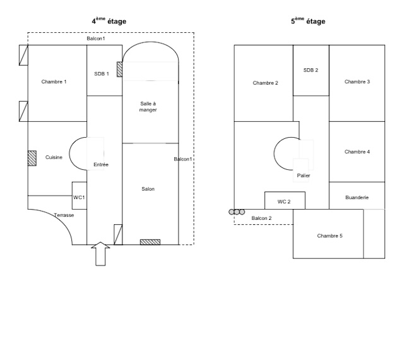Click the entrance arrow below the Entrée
click(100, 254)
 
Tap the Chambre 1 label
click(54, 81)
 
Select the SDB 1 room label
click(102, 74)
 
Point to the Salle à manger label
click(148, 107)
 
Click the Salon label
click(148, 189)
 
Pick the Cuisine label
click(54, 157)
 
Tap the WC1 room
click(80, 195)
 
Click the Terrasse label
click(64, 215)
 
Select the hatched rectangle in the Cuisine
click(32, 158)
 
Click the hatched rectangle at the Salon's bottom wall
click(150, 242)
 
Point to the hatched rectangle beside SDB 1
click(119, 69)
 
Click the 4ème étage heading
click(109, 21)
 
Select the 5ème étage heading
click(308, 21)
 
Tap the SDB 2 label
click(311, 70)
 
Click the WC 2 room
click(285, 200)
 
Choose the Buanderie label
click(357, 198)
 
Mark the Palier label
click(304, 176)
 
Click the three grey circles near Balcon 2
click(237, 212)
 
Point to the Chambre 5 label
click(330, 236)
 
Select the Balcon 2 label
click(261, 218)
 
